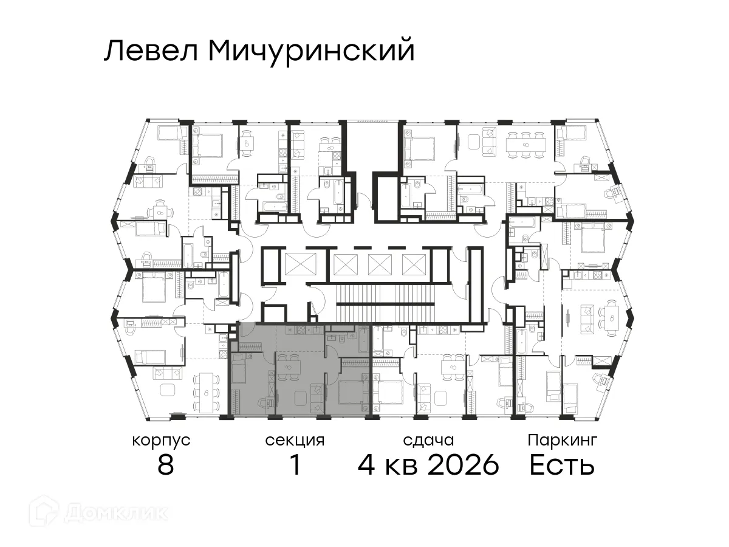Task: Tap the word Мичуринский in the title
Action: (310, 52)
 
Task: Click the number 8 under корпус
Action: (165, 466)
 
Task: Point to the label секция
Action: (295, 440)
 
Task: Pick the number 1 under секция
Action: (295, 466)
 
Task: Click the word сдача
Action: (428, 440)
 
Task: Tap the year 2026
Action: (464, 466)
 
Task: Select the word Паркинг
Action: (563, 440)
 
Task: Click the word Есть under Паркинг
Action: (561, 466)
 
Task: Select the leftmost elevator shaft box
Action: (301, 264)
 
